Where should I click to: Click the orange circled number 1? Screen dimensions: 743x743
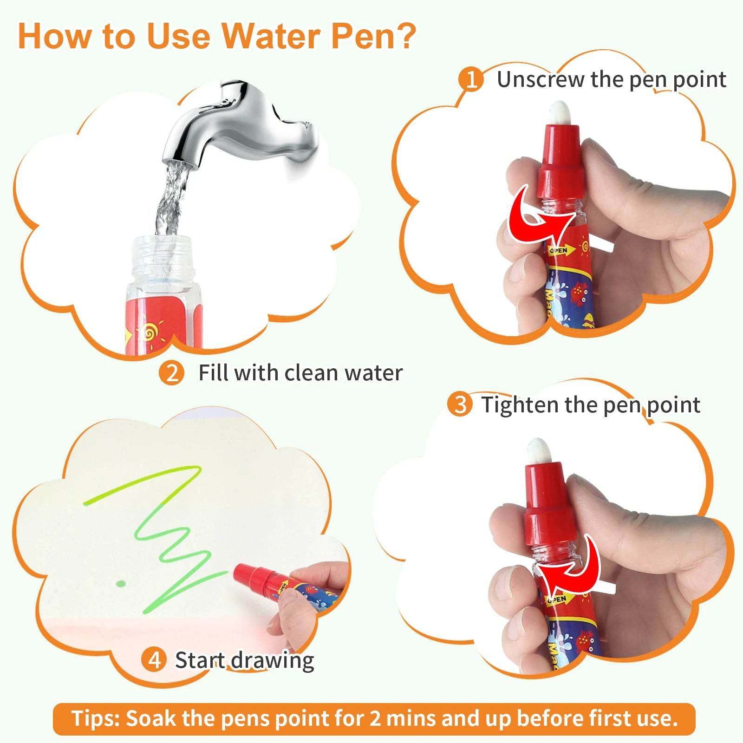(471, 79)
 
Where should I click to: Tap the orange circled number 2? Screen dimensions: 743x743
(171, 373)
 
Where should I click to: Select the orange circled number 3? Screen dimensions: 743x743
(460, 404)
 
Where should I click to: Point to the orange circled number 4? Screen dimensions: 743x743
(154, 659)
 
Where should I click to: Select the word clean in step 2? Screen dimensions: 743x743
(312, 373)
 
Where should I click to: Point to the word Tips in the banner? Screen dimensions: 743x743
(95, 718)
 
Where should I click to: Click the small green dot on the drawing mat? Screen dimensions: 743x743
(121, 583)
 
